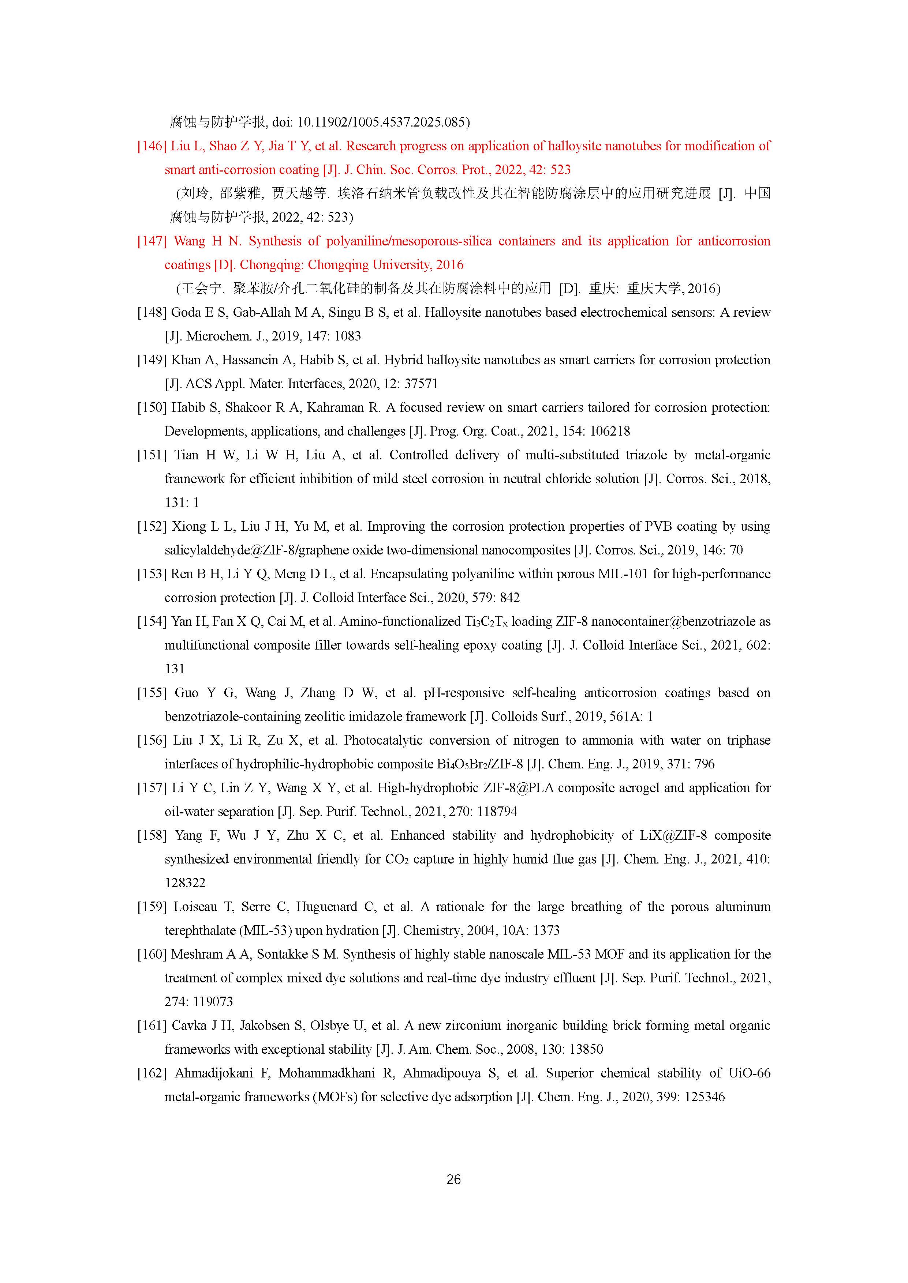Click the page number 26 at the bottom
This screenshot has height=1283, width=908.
point(453,1179)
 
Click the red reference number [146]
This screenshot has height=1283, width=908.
point(152,146)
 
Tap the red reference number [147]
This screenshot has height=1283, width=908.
point(152,241)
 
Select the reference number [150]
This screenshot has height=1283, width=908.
point(152,408)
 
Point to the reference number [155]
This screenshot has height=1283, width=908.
point(152,693)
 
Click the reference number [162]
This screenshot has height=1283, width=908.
point(152,1073)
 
